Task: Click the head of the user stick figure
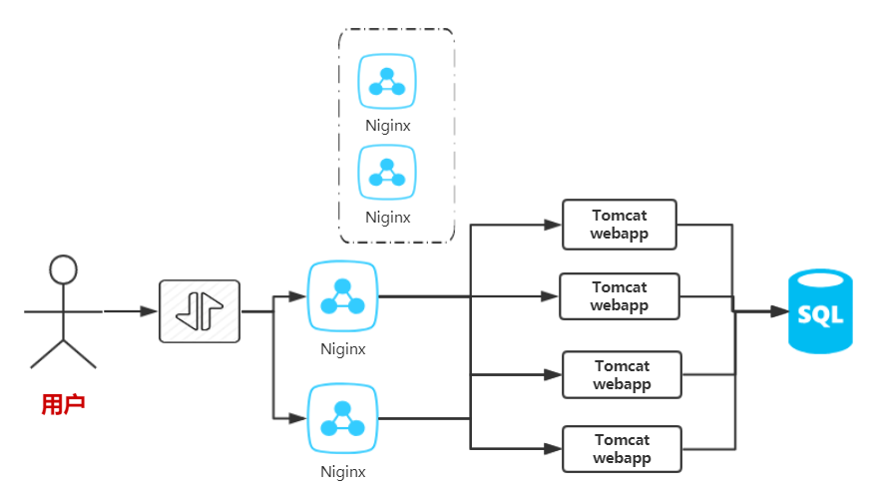click(x=63, y=269)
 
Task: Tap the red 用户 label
click(x=63, y=404)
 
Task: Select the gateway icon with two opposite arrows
click(x=200, y=311)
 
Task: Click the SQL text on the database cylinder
click(x=820, y=315)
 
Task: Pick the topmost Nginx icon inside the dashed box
click(x=387, y=81)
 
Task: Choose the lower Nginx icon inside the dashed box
click(x=387, y=171)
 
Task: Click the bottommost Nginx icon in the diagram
click(x=342, y=419)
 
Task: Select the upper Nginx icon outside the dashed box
click(x=342, y=296)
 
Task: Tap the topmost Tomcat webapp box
click(x=619, y=225)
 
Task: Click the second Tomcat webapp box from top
click(x=619, y=296)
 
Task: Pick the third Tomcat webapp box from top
click(x=622, y=375)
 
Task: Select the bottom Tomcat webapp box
click(x=622, y=449)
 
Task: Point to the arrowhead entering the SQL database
click(x=779, y=311)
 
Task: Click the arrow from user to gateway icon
click(x=130, y=311)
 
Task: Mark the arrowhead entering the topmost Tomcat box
click(x=553, y=225)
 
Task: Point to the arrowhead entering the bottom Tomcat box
click(x=553, y=449)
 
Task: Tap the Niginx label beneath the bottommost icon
click(x=342, y=472)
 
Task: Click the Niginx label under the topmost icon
click(x=387, y=127)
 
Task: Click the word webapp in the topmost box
click(x=619, y=234)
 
